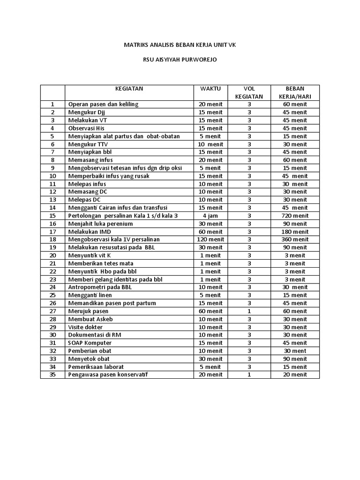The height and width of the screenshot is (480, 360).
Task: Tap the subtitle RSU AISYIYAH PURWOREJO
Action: coord(180,60)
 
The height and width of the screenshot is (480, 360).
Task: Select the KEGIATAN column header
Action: coord(129,88)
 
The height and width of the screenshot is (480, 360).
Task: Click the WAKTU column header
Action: coord(210,88)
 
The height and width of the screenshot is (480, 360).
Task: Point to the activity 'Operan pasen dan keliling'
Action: coord(104,104)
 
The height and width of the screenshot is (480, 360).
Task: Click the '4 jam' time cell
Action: coord(210,216)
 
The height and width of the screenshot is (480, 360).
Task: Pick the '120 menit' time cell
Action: coord(210,240)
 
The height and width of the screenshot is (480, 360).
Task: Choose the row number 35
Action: coord(52,375)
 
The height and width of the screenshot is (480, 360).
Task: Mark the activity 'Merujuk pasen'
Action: coord(88,311)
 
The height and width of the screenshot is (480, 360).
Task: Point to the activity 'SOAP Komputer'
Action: coord(90,343)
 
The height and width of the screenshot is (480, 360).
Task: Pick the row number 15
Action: coord(52,216)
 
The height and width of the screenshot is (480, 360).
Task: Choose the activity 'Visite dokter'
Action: coord(86,327)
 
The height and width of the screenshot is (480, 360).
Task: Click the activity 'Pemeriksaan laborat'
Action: coord(96,367)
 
